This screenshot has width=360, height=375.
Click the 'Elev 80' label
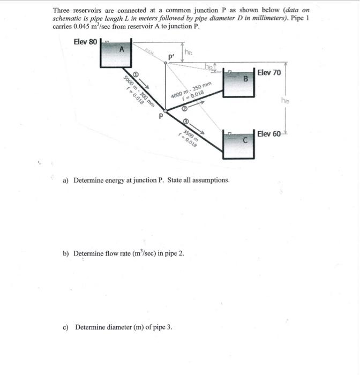click(84, 42)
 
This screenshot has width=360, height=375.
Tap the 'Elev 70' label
click(269, 72)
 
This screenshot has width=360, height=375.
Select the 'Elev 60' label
click(269, 133)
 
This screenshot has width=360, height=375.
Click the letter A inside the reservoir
click(122, 49)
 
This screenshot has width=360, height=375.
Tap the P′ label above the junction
click(171, 56)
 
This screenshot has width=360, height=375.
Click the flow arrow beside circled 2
click(198, 104)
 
